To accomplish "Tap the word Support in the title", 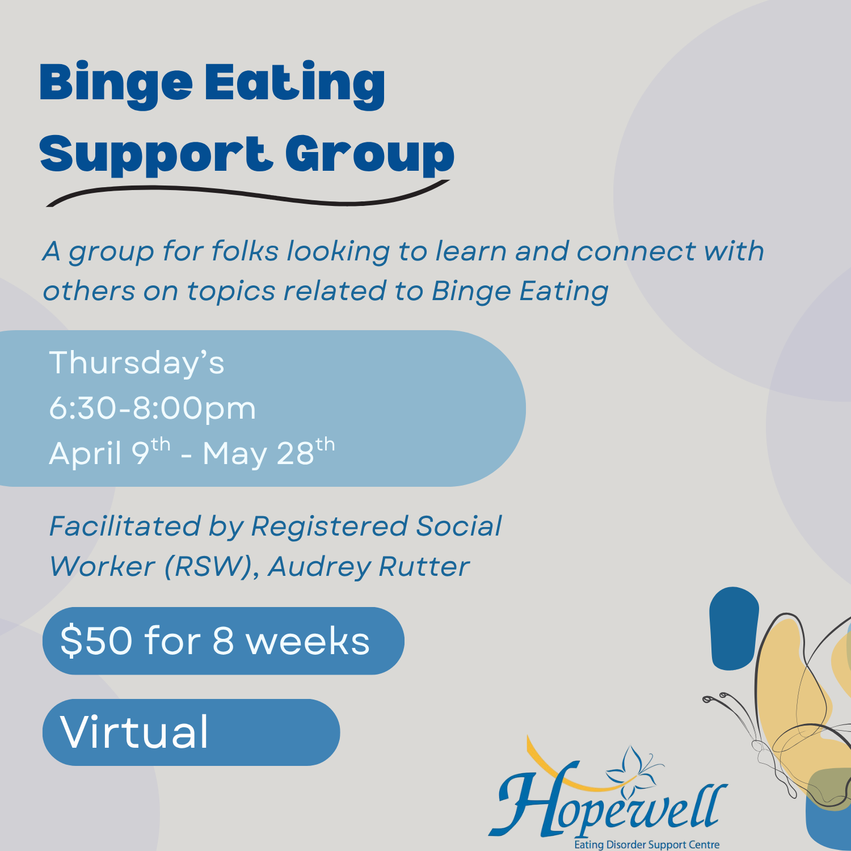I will pos(153,155).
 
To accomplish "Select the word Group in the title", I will pos(369,155).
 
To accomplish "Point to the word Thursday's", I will pos(137,363).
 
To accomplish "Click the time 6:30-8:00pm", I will pos(152,408).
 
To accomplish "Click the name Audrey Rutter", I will pos(369,567).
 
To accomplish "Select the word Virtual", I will pos(134,732).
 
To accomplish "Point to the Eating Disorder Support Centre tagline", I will pos(647,845).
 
